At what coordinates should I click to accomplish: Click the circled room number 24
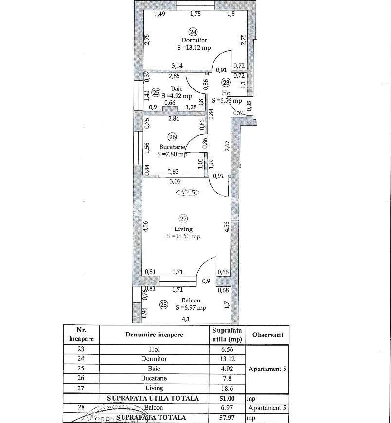194,32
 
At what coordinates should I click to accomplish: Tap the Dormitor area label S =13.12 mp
194,48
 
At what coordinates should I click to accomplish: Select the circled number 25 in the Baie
156,92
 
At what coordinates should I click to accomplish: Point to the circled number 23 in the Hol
226,83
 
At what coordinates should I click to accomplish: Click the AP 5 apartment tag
188,193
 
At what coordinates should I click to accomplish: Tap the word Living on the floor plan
183,229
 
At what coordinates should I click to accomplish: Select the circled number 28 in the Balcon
164,305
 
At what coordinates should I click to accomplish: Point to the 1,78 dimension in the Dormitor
195,14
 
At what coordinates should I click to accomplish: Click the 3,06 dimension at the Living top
175,182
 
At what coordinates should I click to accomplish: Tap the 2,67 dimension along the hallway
227,146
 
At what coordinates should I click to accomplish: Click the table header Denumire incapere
154,335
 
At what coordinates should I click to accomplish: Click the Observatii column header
267,335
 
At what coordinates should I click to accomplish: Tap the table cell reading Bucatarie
154,378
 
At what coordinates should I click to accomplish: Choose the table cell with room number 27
81,388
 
